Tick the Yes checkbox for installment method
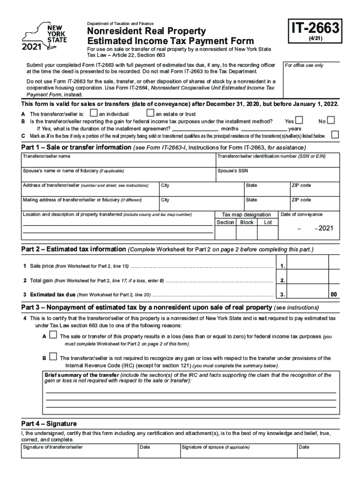click(299, 121)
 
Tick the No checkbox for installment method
click(331, 121)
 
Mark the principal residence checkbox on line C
click(335, 135)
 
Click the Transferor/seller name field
click(117, 162)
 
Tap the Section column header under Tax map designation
click(226, 222)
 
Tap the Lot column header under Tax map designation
click(268, 222)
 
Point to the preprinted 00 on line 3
click(333, 295)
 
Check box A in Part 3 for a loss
click(53, 336)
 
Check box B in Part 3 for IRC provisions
click(53, 357)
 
